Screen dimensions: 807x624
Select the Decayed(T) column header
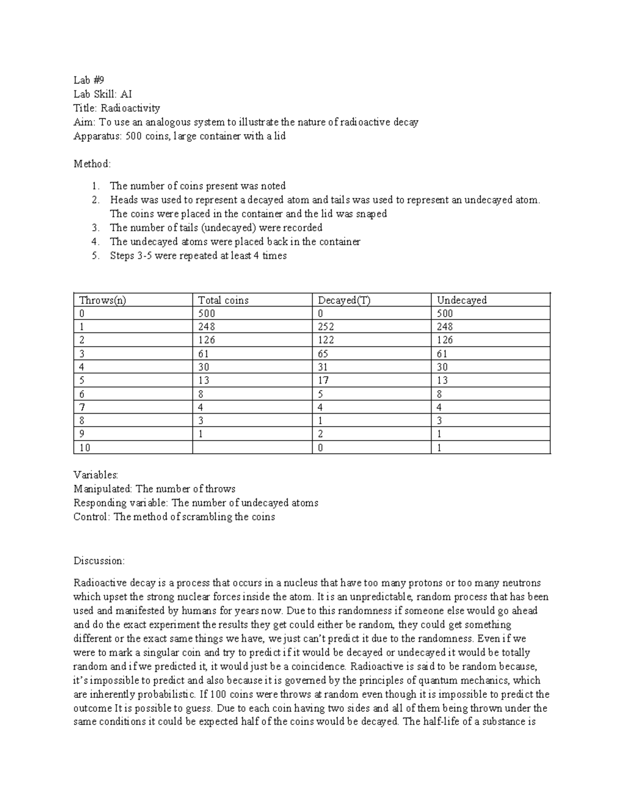(344, 300)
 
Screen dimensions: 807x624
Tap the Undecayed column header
(462, 300)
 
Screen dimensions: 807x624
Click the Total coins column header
(223, 300)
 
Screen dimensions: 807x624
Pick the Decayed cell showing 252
(326, 327)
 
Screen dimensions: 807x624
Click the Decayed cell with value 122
(326, 340)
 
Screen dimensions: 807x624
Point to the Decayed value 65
(323, 354)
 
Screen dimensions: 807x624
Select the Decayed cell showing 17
(323, 380)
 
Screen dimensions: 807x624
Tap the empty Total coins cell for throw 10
(252, 447)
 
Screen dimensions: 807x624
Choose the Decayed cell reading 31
(323, 367)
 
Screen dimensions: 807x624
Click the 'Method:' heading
(93, 164)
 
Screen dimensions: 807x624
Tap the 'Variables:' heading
(96, 475)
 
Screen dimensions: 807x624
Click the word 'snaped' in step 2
(371, 214)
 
